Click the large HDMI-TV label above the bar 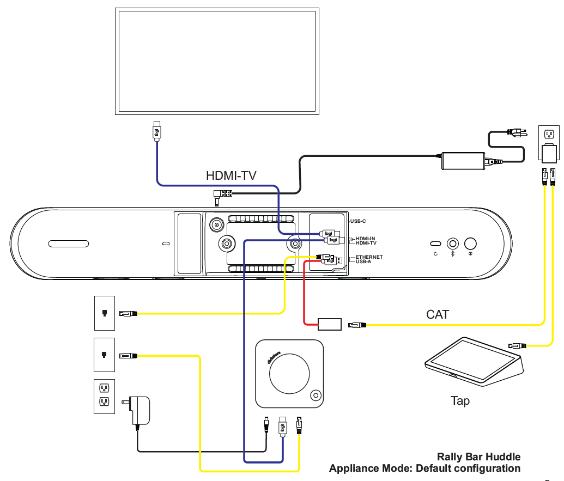(x=231, y=175)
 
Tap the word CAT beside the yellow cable (x=438, y=314)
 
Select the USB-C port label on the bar (x=357, y=221)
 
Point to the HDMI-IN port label (x=365, y=239)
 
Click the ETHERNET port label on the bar (x=368, y=257)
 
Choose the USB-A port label (x=365, y=261)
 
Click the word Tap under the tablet (x=460, y=401)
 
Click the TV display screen (x=217, y=61)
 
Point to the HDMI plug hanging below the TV (x=156, y=131)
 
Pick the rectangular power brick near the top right (x=463, y=160)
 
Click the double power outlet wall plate (x=104, y=396)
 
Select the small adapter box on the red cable (x=329, y=325)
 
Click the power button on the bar (x=470, y=243)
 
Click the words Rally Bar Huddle (x=478, y=457)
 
